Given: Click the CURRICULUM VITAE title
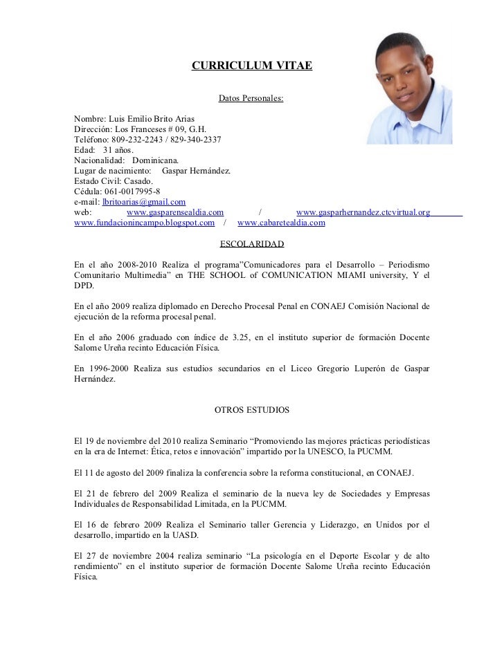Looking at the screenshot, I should (x=251, y=66).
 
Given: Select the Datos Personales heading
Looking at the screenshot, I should (x=251, y=100).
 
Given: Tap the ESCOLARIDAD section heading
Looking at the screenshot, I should (x=251, y=244).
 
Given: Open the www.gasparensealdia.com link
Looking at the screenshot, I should (x=175, y=212).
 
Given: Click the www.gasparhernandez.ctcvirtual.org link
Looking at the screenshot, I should (x=363, y=212).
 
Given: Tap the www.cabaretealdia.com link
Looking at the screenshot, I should (x=281, y=223).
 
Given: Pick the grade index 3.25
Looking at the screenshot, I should (x=242, y=337).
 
